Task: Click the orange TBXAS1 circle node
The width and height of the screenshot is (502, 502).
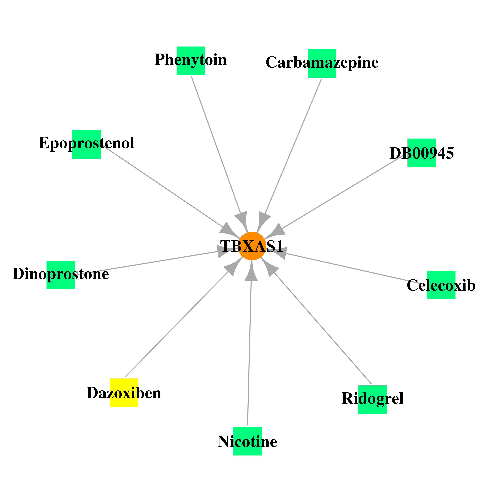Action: point(252,246)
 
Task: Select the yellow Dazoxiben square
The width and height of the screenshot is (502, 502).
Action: point(124,392)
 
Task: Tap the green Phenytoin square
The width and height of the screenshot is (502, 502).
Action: point(191,61)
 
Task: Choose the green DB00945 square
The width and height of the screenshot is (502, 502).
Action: point(422,153)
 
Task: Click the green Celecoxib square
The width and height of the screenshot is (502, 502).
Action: point(441,285)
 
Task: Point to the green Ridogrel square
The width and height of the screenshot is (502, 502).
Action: point(372,399)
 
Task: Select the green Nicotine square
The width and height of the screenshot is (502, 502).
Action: point(247,441)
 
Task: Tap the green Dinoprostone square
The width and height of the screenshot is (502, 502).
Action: point(61,275)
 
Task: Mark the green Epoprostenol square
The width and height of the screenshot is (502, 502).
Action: point(87,144)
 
